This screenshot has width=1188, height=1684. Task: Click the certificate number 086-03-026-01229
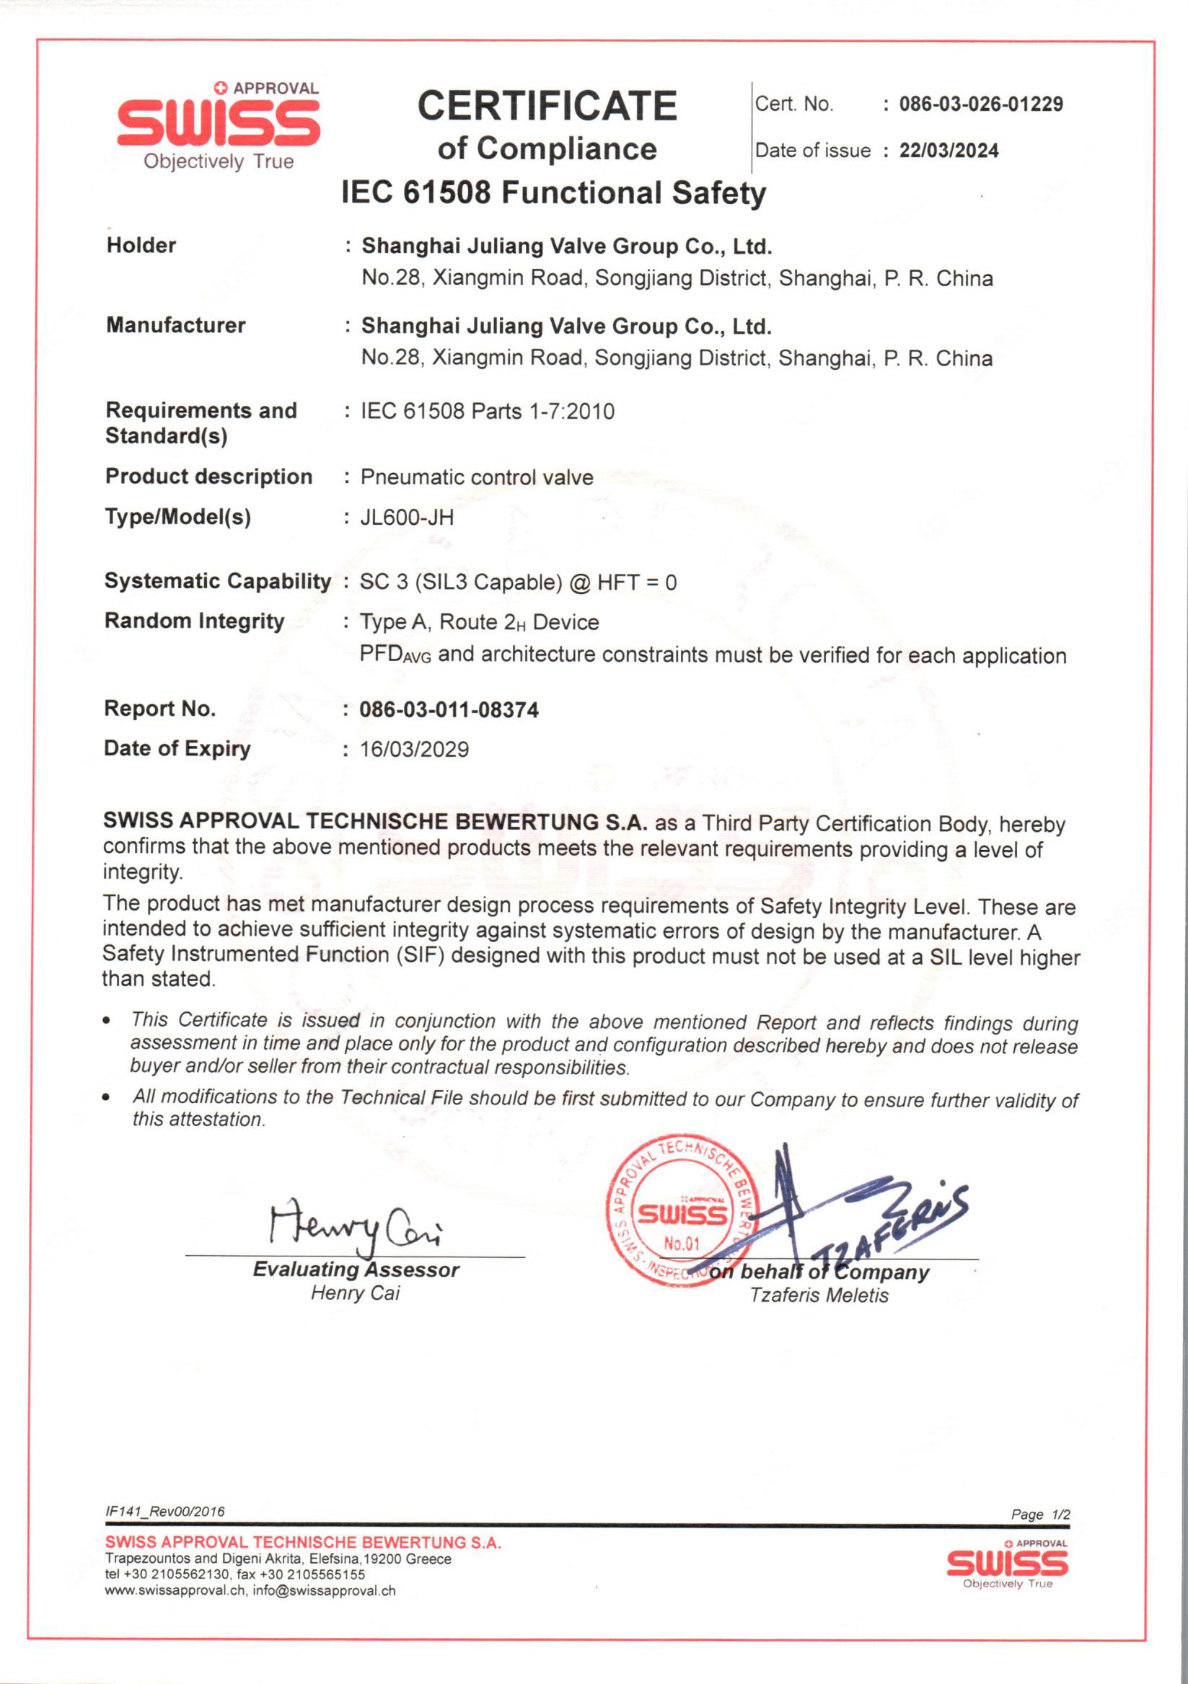980,104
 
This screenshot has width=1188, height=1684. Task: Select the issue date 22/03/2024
949,151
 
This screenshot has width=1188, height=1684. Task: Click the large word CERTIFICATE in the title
547,107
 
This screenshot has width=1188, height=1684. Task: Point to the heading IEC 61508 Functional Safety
553,193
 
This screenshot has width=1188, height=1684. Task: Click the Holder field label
141,245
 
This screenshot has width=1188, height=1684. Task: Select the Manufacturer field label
175,325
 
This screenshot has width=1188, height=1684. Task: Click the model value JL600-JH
407,518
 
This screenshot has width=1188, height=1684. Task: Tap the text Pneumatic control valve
476,477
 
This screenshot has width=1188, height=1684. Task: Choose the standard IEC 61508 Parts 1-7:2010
487,412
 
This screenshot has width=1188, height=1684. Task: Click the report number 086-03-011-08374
449,709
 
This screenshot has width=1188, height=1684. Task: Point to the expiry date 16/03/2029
414,749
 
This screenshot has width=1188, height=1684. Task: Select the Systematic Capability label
217,581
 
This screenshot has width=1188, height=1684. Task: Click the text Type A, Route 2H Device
479,622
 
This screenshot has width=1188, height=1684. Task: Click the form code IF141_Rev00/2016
164,1511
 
